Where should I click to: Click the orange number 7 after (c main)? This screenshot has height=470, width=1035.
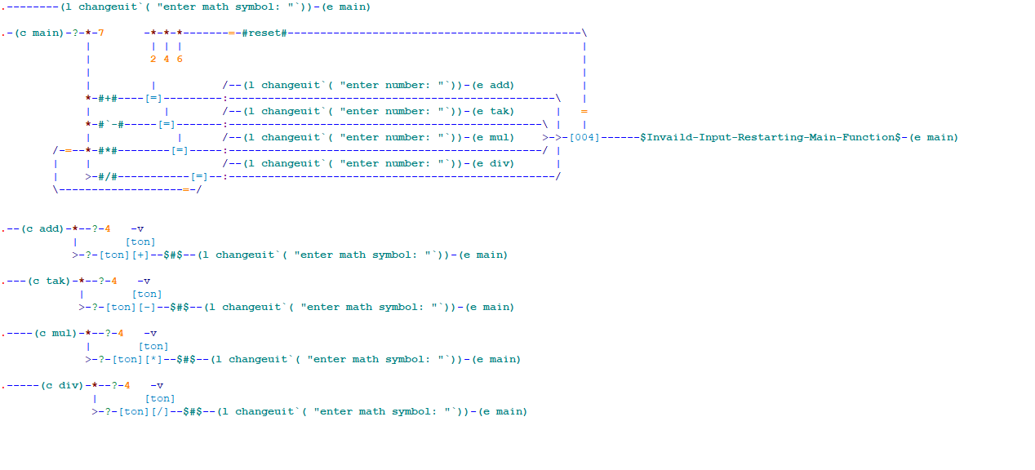pyautogui.click(x=100, y=33)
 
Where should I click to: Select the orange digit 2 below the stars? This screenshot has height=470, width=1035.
pyautogui.click(x=153, y=59)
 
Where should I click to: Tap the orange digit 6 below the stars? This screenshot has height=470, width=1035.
pyautogui.click(x=180, y=59)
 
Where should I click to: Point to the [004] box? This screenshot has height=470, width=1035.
pyautogui.click(x=584, y=137)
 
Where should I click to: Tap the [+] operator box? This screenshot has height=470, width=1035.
pyautogui.click(x=140, y=255)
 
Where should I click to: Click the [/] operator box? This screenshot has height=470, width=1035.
pyautogui.click(x=160, y=411)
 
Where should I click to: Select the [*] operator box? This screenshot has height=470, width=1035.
pyautogui.click(x=153, y=359)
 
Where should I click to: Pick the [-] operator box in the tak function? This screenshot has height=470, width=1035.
pyautogui.click(x=147, y=307)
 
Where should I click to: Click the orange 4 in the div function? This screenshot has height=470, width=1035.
pyautogui.click(x=127, y=385)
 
